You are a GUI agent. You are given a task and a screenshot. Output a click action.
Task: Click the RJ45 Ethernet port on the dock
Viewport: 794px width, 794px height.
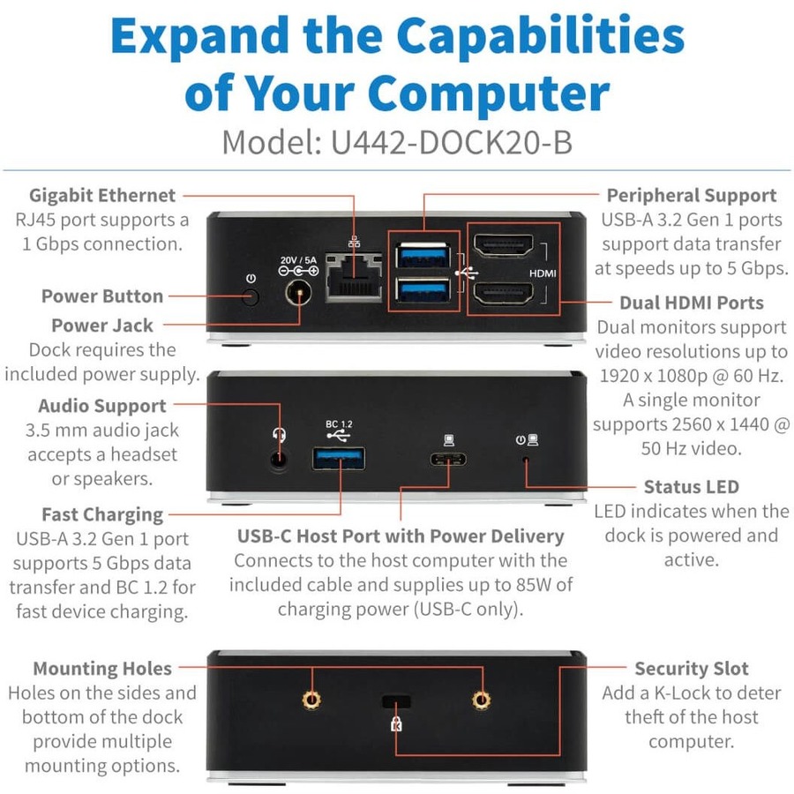354,277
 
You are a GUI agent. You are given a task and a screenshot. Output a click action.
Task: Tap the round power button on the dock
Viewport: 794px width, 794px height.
251,296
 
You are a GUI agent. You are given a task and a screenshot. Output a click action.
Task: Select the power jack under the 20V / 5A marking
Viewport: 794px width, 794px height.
298,293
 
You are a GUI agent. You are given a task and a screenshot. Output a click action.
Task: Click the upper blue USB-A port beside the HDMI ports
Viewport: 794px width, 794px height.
423,255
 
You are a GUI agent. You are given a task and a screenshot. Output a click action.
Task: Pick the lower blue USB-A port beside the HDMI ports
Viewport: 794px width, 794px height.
423,290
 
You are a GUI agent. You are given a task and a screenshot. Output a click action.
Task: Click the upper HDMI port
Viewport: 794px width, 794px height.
504,245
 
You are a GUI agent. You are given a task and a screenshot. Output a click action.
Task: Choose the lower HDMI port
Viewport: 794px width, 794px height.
504,293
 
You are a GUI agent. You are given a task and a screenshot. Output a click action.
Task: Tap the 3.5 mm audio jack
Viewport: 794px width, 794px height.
278,460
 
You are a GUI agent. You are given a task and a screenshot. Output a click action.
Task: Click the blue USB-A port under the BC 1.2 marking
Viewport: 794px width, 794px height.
339,459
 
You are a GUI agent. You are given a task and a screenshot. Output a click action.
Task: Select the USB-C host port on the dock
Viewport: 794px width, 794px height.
448,460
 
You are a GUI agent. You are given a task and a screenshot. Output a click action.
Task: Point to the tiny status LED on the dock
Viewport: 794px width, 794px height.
526,460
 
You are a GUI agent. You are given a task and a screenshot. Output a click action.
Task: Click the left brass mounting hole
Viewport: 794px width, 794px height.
311,700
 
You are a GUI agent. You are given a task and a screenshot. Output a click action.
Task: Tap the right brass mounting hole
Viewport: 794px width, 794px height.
481,700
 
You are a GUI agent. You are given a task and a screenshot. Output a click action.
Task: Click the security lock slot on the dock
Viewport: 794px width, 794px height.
396,701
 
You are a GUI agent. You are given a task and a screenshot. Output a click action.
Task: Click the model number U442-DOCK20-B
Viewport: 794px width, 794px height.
452,142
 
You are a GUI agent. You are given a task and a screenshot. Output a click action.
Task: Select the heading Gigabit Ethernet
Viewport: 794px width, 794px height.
102,196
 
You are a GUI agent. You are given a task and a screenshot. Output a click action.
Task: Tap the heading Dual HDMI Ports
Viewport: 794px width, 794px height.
692,303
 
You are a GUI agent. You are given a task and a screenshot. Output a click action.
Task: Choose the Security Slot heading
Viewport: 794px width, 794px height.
692,669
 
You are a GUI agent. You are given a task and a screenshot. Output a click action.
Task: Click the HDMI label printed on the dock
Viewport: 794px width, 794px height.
543,273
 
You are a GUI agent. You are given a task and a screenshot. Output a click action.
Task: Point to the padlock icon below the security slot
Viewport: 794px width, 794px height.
396,723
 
